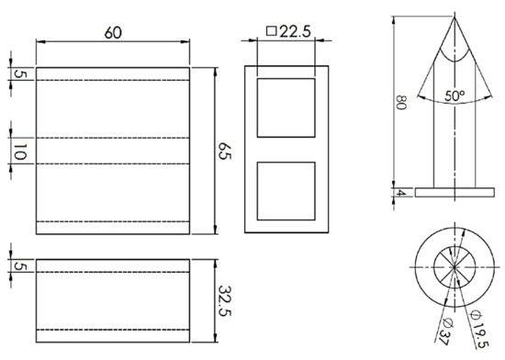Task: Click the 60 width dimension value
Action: click(x=113, y=33)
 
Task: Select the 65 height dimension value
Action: click(x=224, y=151)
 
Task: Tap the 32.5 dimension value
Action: click(x=224, y=300)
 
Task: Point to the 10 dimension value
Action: click(x=19, y=152)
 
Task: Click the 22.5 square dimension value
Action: click(x=295, y=31)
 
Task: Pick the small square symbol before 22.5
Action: click(x=271, y=31)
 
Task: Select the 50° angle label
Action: click(x=454, y=96)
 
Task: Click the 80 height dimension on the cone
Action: click(x=401, y=102)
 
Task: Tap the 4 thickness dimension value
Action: click(x=400, y=193)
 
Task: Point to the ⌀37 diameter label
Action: click(x=446, y=332)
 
